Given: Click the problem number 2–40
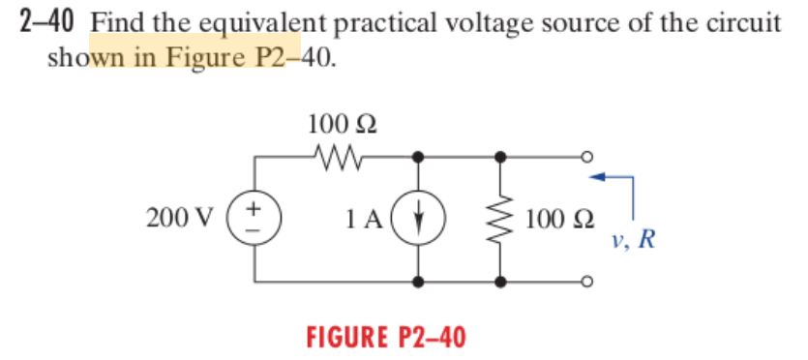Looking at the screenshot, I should click(47, 20).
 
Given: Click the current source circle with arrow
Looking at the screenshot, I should click(418, 216).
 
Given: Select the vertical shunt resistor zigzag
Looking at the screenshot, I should click(501, 216).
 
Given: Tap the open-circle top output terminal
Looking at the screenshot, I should click(585, 155).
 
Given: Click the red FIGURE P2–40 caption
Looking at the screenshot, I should click(385, 337).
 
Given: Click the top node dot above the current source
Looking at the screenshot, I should click(418, 155).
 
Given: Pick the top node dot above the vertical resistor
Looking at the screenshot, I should click(501, 155).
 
